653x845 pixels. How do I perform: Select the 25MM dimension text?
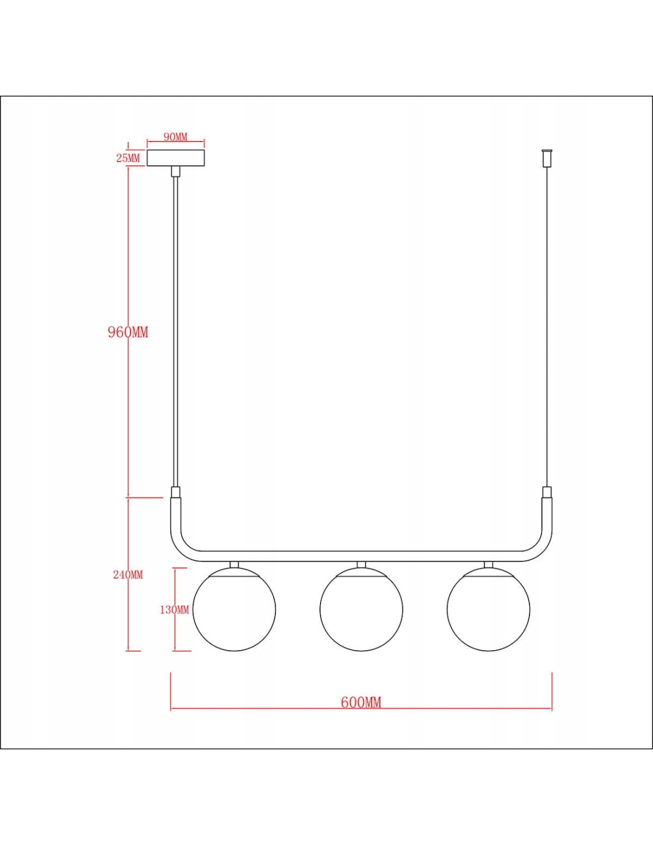click(128, 158)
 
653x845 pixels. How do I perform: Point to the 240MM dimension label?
click(128, 575)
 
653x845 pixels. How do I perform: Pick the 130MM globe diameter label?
click(175, 610)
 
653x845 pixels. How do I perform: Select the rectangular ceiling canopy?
click(176, 158)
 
